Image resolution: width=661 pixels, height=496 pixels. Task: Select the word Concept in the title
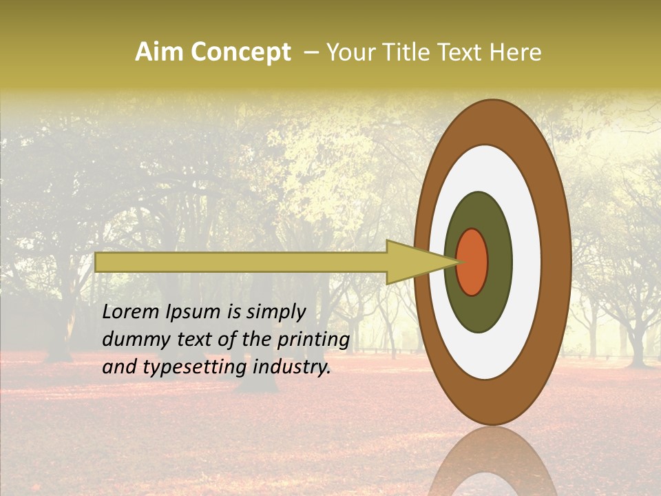coord(240,52)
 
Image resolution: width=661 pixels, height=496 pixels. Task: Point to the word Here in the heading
coord(516,52)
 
